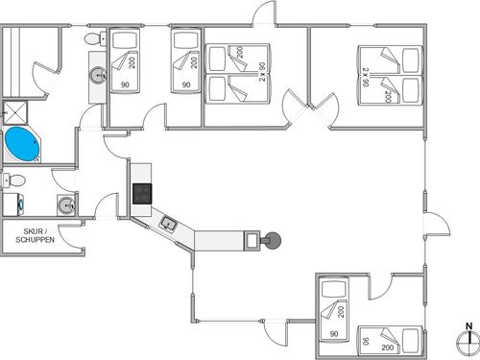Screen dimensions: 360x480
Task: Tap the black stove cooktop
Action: point(142,192)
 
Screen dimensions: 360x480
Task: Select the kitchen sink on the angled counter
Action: point(168,224)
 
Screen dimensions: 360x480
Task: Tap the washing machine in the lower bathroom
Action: point(13,204)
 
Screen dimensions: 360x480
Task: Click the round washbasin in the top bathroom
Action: point(97,74)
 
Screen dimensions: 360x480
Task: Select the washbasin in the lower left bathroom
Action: point(64,204)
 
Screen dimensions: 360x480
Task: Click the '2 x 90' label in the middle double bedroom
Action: point(261,72)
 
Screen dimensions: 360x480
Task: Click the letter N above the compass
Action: point(468,324)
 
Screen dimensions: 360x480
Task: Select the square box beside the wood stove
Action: point(252,238)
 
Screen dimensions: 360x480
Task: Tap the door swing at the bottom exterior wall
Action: point(276,331)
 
